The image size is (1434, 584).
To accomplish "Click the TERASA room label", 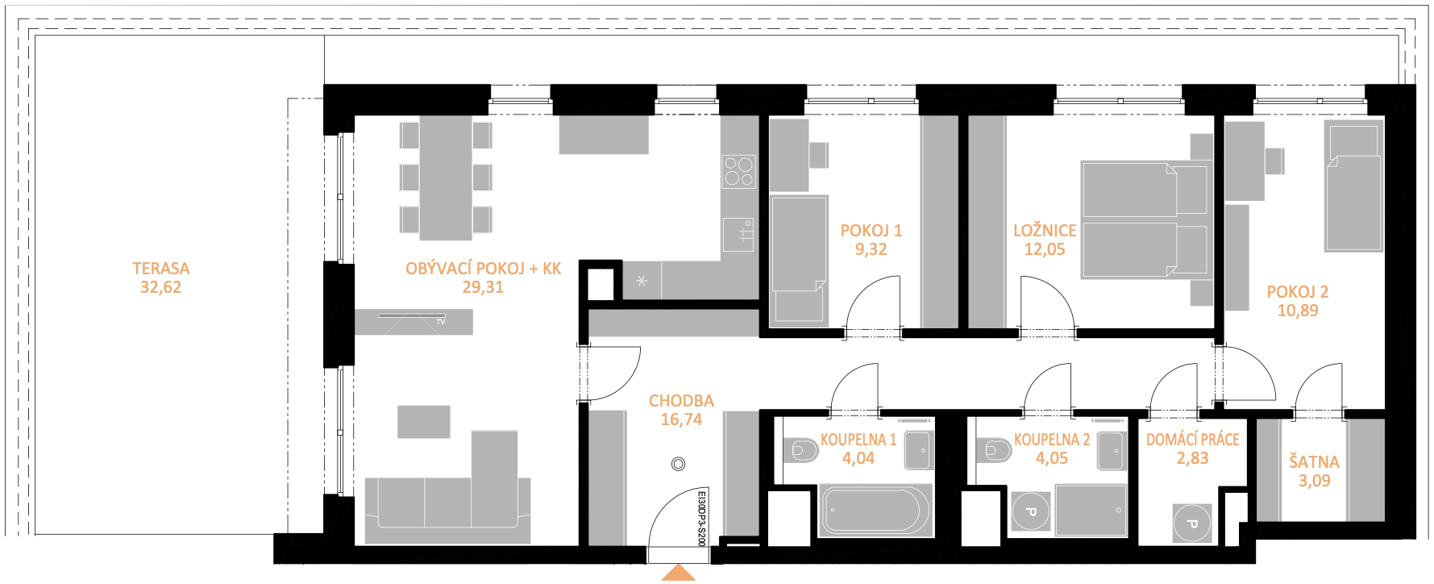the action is (161, 268).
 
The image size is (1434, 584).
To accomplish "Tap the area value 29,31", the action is (483, 287).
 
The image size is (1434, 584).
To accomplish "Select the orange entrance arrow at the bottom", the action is (679, 573).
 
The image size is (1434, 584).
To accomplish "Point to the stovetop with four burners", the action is (738, 171).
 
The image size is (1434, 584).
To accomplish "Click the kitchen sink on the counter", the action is (738, 233).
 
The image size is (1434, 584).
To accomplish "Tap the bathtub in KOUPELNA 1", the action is (876, 510).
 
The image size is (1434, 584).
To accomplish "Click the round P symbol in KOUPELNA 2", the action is (1030, 512).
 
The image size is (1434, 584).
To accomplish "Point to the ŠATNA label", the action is (1314, 461).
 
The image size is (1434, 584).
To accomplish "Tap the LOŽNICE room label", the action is (1045, 231).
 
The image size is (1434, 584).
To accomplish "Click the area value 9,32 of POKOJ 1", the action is (871, 249).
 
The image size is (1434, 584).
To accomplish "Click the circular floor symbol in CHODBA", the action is (678, 464).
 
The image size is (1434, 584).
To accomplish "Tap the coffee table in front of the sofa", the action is (424, 422).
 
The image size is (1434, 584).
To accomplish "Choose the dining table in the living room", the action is (446, 177).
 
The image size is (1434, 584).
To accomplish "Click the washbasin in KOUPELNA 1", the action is (919, 450).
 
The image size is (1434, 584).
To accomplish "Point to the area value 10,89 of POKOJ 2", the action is (1298, 311).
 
